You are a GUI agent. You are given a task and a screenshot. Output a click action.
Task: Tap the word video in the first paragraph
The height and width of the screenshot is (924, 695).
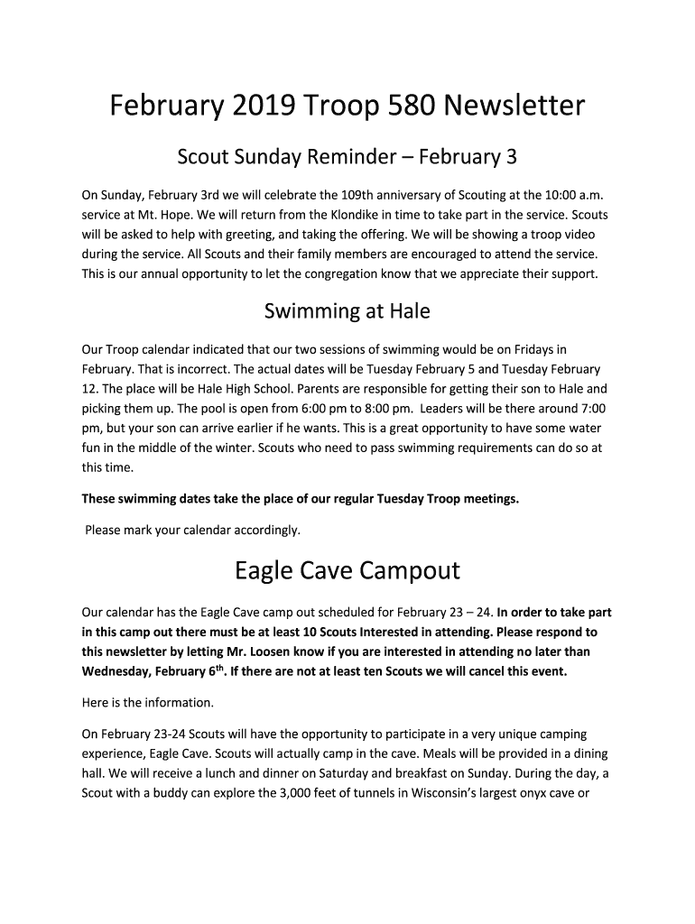[x=578, y=234]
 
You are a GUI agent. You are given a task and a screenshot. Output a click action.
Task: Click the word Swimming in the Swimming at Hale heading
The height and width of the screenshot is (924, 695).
[x=305, y=311]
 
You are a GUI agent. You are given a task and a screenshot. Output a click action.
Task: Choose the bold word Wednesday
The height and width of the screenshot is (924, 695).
[x=116, y=671]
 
